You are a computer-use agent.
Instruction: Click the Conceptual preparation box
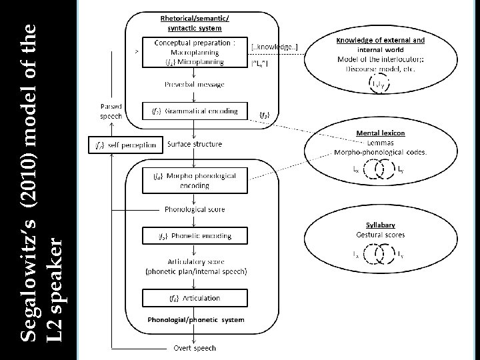pos(195,52)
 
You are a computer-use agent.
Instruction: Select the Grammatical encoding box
pos(195,111)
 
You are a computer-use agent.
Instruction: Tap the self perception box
pos(125,144)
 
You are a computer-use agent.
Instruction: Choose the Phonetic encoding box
pos(195,235)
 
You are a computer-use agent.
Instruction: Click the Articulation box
pos(195,297)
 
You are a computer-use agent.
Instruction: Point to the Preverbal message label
pos(195,85)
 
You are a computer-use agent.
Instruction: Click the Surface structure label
pos(195,144)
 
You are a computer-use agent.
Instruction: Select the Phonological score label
pos(195,209)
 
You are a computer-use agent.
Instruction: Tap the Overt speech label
pos(195,347)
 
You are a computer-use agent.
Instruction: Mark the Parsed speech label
pos(111,110)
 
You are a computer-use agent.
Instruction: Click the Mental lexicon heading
pos(381,133)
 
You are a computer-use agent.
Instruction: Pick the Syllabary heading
pos(381,225)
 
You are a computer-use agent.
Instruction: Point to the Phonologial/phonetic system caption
pos(195,319)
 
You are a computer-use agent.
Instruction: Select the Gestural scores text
pos(381,235)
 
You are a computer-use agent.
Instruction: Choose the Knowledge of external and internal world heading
pos(381,44)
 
